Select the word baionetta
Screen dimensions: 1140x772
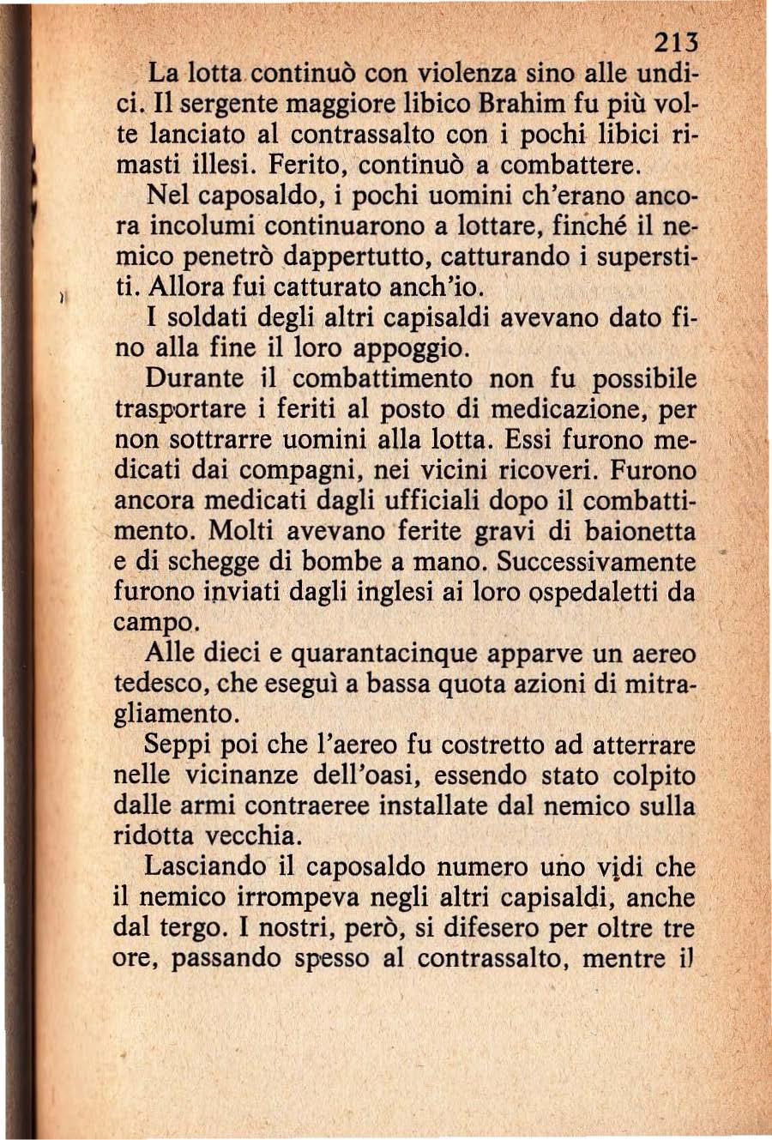point(640,532)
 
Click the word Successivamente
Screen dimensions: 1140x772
point(596,562)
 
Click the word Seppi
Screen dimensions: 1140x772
point(178,745)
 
